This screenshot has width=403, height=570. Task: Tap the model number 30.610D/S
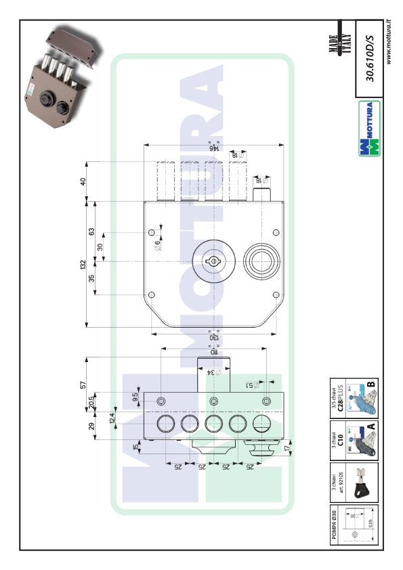370,61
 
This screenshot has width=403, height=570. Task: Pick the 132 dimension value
83,263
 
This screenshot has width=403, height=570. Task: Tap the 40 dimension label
83,181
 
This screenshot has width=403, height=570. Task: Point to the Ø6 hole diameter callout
157,246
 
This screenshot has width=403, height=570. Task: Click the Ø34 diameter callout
211,372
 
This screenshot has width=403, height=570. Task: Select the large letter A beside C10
372,427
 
